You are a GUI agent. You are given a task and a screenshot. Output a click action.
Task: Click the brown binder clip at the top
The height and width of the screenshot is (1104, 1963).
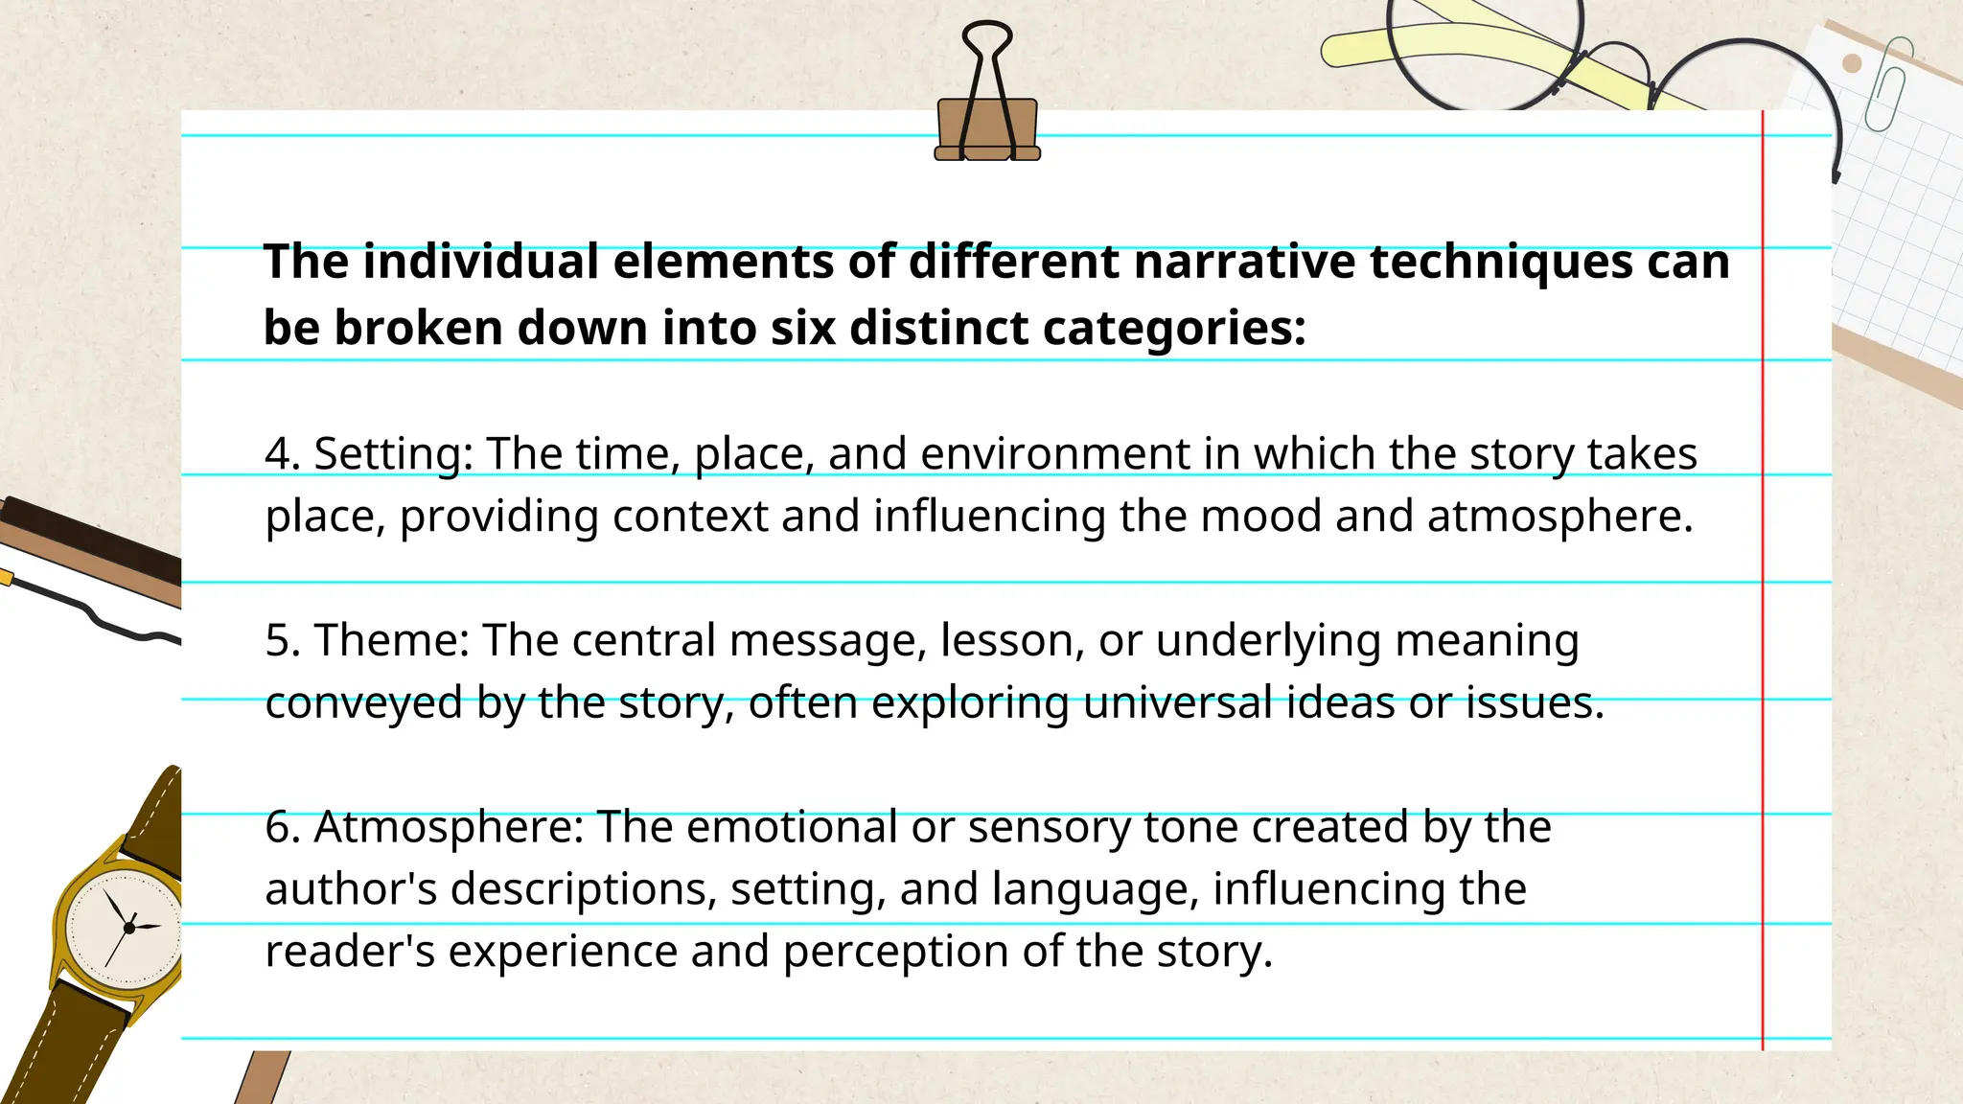[987, 129]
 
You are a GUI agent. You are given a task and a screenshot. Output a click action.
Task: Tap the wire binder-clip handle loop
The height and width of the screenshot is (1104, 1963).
[987, 43]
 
